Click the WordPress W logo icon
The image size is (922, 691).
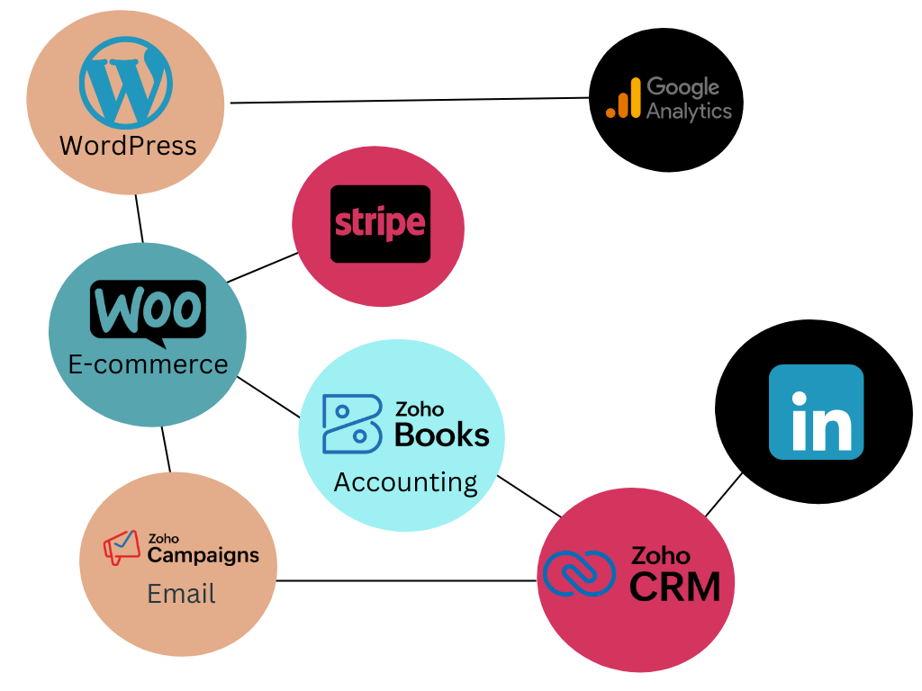click(125, 81)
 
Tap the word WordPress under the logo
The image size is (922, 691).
click(128, 145)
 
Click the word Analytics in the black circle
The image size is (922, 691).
click(689, 111)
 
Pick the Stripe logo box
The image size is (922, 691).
click(380, 224)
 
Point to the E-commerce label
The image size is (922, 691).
click(148, 364)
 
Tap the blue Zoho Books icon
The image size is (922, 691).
click(350, 423)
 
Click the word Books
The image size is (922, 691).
click(441, 435)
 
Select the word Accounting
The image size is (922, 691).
click(405, 482)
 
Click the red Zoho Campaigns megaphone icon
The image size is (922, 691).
click(121, 547)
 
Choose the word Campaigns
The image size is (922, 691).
click(203, 555)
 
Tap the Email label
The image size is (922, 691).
click(181, 594)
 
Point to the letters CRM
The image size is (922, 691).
click(674, 588)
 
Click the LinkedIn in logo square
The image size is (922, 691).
click(816, 412)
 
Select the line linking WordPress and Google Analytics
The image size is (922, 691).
click(410, 100)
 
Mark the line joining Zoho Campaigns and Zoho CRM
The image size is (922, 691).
click(405, 580)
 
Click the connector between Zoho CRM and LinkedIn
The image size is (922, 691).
click(724, 494)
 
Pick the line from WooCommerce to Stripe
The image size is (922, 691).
click(262, 267)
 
